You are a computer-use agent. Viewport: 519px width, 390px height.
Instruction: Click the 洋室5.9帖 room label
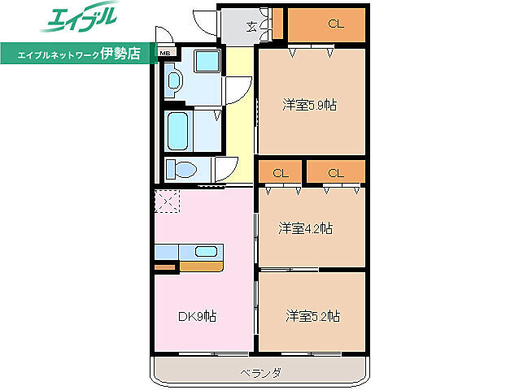click(x=310, y=105)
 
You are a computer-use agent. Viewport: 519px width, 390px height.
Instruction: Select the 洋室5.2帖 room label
click(x=312, y=314)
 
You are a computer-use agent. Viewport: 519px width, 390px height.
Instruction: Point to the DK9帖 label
click(x=198, y=315)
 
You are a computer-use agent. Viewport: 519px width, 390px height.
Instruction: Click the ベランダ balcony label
click(x=260, y=373)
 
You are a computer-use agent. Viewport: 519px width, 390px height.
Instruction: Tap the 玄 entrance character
click(x=253, y=26)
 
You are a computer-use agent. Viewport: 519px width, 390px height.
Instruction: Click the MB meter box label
click(x=165, y=54)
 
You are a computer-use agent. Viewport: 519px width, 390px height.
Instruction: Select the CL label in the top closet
click(x=336, y=24)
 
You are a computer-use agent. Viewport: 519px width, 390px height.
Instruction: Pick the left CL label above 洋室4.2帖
click(x=281, y=172)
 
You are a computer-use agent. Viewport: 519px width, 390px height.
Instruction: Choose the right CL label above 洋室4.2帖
click(x=336, y=172)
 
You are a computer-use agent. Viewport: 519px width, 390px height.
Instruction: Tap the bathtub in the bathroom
click(x=178, y=130)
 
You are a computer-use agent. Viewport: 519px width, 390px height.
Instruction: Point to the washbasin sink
click(x=173, y=80)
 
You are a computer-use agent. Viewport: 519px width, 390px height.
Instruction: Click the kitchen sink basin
click(x=207, y=251)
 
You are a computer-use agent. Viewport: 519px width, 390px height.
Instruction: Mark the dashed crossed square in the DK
click(x=167, y=200)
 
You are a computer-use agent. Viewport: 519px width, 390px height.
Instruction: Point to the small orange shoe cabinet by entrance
click(x=277, y=23)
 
